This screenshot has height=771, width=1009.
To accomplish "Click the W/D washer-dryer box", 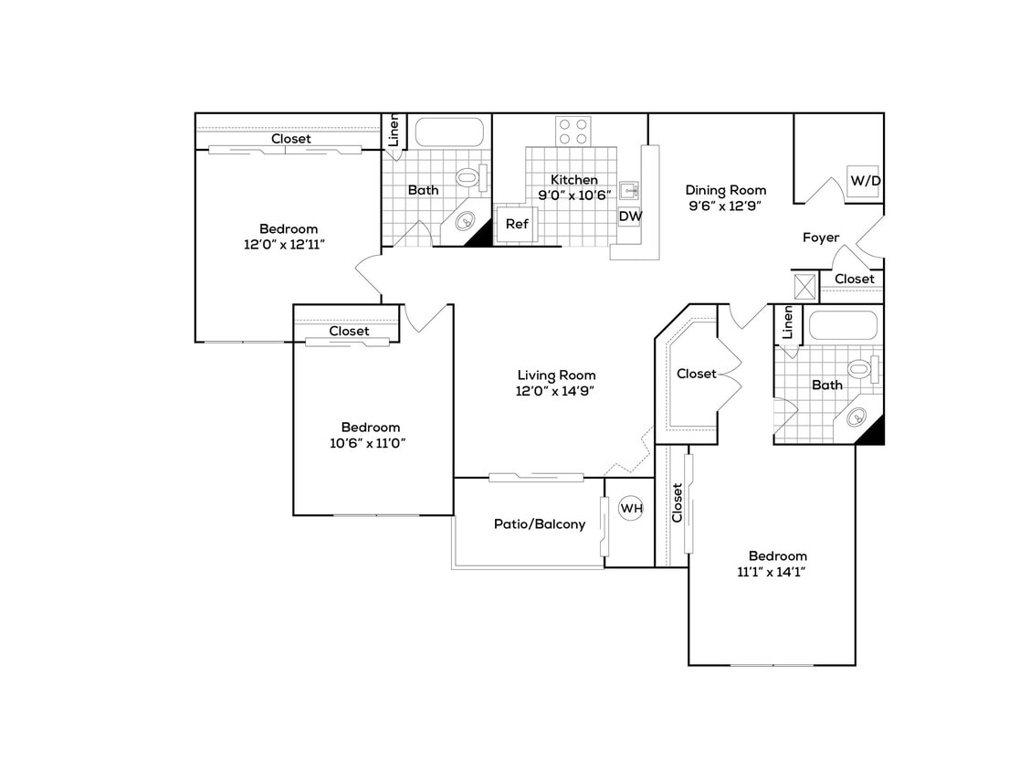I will (x=866, y=180).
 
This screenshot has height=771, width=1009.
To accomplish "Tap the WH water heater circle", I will (x=631, y=508).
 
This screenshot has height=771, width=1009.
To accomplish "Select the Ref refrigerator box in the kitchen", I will (x=517, y=224).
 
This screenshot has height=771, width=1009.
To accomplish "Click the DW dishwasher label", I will (x=630, y=217).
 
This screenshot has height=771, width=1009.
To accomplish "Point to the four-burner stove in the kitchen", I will (x=573, y=132).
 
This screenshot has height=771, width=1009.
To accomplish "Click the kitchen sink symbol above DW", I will (x=629, y=190).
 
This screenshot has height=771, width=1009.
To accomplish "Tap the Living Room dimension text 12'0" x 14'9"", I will (x=556, y=391).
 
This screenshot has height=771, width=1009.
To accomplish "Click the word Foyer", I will (x=821, y=238).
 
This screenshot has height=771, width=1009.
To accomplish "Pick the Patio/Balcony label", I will (x=540, y=524).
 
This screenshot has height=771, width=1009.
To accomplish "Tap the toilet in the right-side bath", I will (x=861, y=369).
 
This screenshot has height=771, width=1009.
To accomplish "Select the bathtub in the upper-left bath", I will (x=447, y=132).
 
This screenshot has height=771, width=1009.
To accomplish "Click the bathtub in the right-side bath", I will (x=843, y=325).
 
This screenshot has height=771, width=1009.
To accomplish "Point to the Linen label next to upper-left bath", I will (x=394, y=131).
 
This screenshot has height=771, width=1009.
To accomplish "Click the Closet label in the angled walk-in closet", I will (x=697, y=374).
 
